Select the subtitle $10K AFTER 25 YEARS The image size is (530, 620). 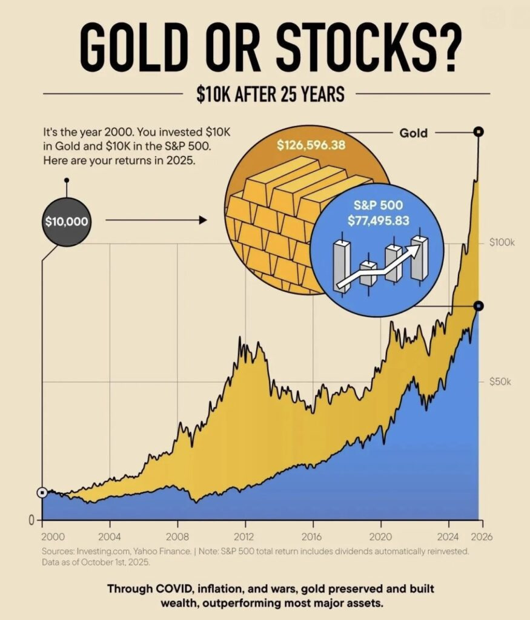pos(270,94)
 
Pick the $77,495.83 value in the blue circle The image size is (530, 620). pos(378,220)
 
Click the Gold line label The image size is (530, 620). pos(414,132)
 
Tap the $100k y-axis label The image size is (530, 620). pos(502,243)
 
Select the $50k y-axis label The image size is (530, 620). pos(500,382)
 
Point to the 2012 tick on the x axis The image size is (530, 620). pos(245,536)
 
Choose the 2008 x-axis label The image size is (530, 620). pos(177,536)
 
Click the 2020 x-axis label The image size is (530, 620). pos(381,536)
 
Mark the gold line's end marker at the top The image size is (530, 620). pos(479,131)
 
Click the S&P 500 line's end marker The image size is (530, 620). pos(479,306)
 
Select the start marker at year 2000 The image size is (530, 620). pos(42,493)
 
